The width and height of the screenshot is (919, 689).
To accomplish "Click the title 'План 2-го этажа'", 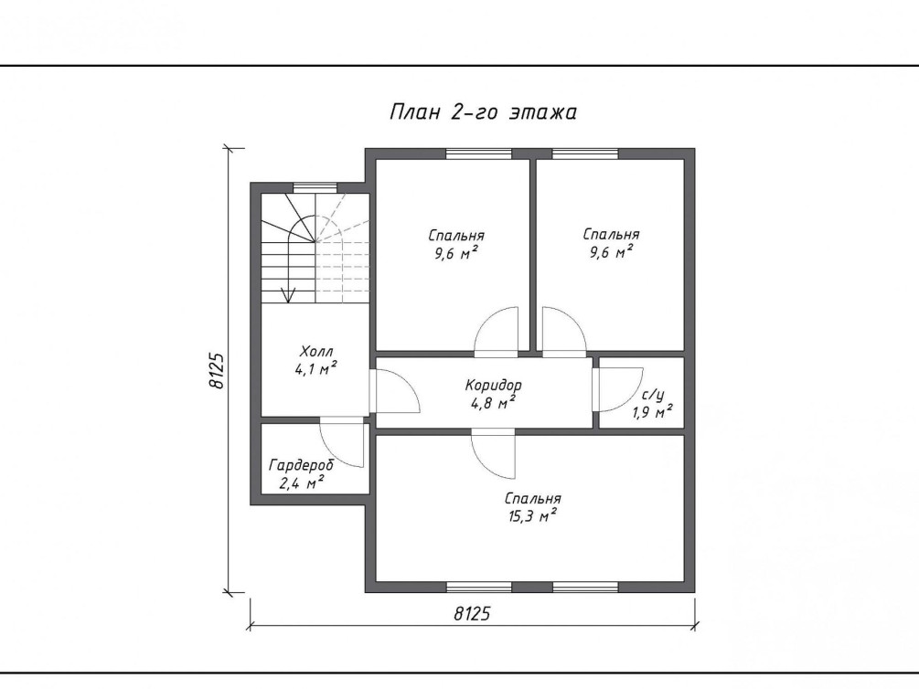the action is coord(483,111).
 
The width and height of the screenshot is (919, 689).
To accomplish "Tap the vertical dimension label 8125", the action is coord(217,370).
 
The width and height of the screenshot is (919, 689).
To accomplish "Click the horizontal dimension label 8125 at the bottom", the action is coord(472,613).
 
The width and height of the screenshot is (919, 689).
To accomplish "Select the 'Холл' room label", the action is coord(316,352).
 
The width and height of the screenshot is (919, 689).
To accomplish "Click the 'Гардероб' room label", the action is coord(301,465).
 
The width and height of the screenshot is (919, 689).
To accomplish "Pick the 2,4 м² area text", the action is coord(302,482).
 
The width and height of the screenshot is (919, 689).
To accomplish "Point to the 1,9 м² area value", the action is coord(652,412).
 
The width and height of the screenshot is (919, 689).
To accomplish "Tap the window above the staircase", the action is coord(315,187).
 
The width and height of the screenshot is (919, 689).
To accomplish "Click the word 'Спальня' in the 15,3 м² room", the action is coord(533,499).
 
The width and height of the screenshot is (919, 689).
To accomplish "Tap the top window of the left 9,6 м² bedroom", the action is coord(479,154).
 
